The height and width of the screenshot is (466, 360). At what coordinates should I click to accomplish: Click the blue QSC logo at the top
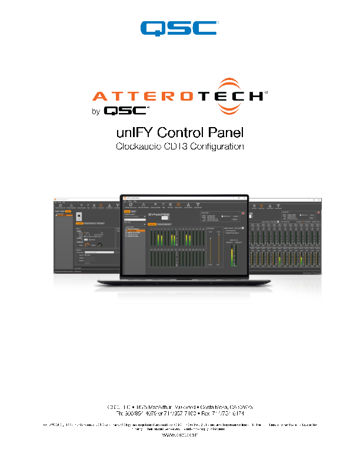point(179,28)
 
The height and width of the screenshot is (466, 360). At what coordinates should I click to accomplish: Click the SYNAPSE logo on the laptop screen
point(157,216)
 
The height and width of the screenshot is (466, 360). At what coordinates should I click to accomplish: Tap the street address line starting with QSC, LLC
point(180,407)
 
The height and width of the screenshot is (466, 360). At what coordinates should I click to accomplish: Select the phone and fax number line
point(180,414)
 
